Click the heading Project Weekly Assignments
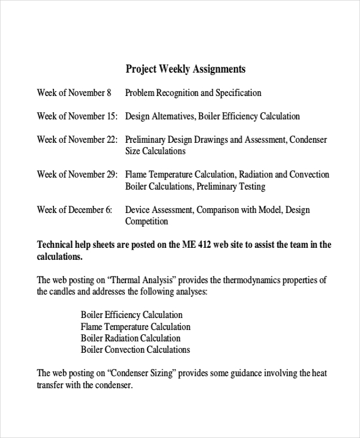click(185, 69)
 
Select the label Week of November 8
click(74, 93)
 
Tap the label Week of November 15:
click(77, 116)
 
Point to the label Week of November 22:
click(77, 140)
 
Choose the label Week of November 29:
click(77, 175)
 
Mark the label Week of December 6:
click(74, 210)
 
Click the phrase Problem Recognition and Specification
click(193, 93)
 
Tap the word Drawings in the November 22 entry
click(208, 140)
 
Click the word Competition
click(146, 221)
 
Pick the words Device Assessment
click(158, 210)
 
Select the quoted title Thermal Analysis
click(140, 280)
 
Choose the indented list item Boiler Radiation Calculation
click(130, 338)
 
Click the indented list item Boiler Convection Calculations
click(135, 350)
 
